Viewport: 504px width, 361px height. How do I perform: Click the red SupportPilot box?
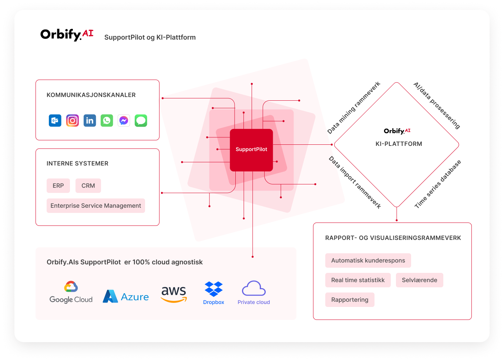[251, 150]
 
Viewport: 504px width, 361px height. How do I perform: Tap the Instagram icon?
[73, 120]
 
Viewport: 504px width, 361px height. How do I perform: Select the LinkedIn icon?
[90, 120]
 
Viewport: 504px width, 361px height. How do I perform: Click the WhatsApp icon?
[107, 120]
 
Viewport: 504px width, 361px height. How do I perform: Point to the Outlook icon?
[55, 120]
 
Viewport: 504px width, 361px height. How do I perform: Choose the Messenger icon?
[124, 120]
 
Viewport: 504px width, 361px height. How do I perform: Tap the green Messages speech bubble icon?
[141, 120]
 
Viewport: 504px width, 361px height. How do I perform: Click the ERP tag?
[58, 185]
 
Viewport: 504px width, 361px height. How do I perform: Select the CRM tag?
[88, 185]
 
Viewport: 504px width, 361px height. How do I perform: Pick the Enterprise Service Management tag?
[95, 205]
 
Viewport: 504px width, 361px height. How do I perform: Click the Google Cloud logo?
[71, 292]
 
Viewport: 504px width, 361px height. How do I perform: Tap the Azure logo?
[126, 297]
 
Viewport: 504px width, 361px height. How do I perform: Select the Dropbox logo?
[214, 293]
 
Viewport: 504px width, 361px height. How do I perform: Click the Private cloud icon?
[253, 293]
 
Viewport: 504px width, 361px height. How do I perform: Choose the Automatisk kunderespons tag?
[368, 260]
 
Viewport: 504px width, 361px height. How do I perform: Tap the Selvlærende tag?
[419, 280]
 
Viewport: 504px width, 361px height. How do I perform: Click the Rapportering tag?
[350, 300]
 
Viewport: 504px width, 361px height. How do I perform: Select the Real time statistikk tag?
[358, 280]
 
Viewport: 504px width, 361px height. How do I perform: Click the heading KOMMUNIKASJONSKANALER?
[91, 95]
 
